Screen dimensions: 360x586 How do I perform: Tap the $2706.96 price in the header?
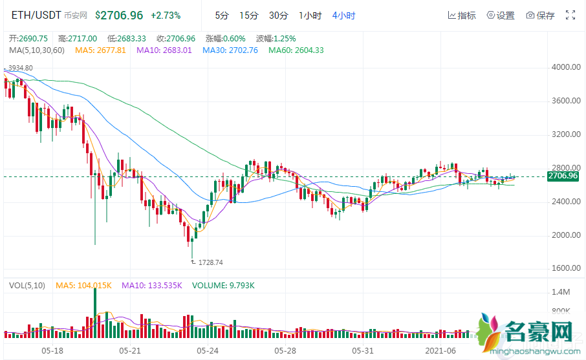tap(119, 14)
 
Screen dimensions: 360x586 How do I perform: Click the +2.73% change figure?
tap(166, 15)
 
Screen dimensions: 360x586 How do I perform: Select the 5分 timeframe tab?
tap(222, 15)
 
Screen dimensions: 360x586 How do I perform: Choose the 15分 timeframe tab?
tap(248, 15)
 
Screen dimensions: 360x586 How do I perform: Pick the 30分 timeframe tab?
tap(278, 15)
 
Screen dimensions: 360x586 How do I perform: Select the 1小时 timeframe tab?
tap(310, 15)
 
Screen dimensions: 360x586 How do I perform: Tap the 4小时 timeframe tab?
tap(343, 15)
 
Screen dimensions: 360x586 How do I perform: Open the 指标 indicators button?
tap(461, 16)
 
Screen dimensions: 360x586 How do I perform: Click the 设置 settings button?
tap(501, 16)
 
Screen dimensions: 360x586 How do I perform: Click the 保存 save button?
tap(541, 16)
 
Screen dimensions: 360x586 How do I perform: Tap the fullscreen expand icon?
tap(570, 15)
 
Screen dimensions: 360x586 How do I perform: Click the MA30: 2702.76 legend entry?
tap(230, 50)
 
